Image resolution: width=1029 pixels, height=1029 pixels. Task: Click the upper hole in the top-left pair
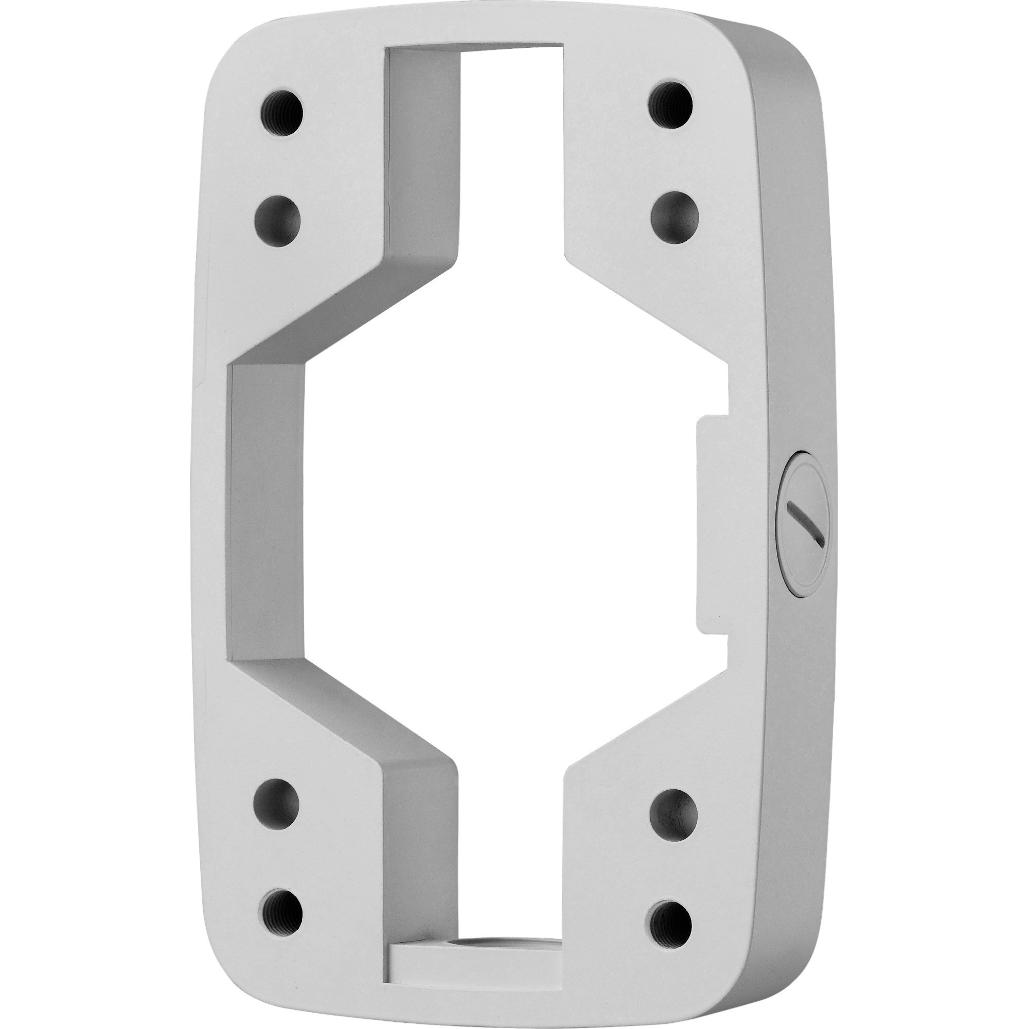pyautogui.click(x=282, y=113)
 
